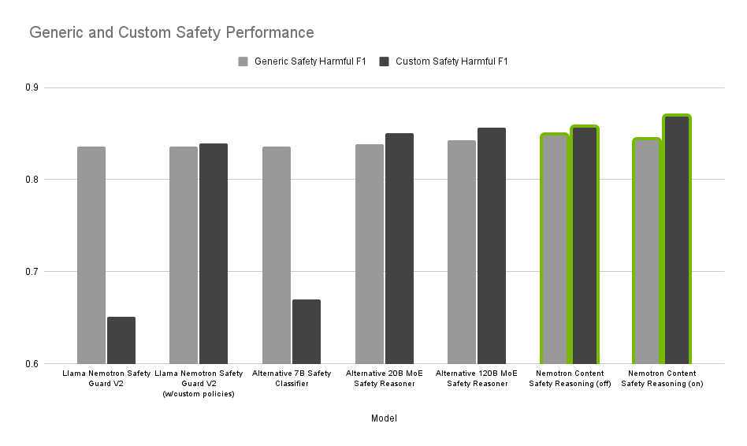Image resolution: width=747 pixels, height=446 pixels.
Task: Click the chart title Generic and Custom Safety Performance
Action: [172, 33]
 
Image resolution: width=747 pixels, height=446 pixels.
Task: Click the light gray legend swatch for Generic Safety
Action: [243, 61]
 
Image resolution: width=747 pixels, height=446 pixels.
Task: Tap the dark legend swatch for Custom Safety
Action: [385, 61]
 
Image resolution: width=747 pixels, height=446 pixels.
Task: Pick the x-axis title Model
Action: [384, 418]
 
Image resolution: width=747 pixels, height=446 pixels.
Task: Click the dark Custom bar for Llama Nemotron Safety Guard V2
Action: [121, 340]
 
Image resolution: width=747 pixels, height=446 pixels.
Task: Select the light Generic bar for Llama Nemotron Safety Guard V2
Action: [91, 255]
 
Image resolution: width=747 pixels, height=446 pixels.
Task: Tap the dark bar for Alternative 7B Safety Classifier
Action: [307, 332]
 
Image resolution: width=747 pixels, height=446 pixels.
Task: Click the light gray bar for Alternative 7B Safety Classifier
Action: [277, 255]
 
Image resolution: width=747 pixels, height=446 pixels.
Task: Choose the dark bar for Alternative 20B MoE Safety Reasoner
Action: [400, 249]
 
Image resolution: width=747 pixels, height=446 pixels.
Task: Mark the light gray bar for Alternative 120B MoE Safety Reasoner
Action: [462, 252]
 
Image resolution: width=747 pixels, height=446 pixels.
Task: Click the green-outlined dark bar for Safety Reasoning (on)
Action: [677, 240]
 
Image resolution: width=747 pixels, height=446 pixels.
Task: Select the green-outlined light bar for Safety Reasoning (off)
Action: [555, 249]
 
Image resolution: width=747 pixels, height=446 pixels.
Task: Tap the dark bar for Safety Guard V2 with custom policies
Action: [214, 254]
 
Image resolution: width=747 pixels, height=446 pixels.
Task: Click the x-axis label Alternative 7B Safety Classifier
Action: [292, 378]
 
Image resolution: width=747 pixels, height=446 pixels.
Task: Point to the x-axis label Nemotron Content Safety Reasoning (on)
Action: [662, 378]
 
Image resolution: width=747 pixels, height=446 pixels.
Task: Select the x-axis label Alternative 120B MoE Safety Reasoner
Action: [477, 378]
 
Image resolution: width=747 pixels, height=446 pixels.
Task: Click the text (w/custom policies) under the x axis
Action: [199, 394]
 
